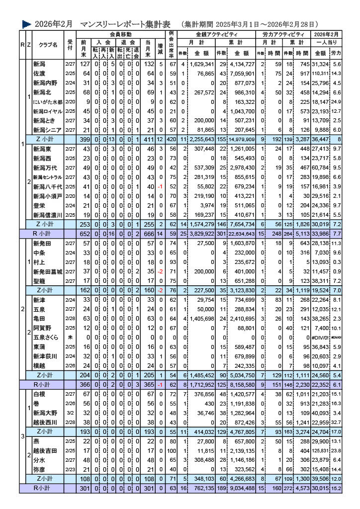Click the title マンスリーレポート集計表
point(125,24)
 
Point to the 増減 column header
point(160,49)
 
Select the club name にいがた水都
point(47,101)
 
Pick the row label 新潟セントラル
point(47,177)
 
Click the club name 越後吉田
point(44,451)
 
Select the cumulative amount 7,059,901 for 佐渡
point(242,74)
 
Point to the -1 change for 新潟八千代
point(160,187)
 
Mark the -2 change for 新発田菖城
point(160,272)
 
